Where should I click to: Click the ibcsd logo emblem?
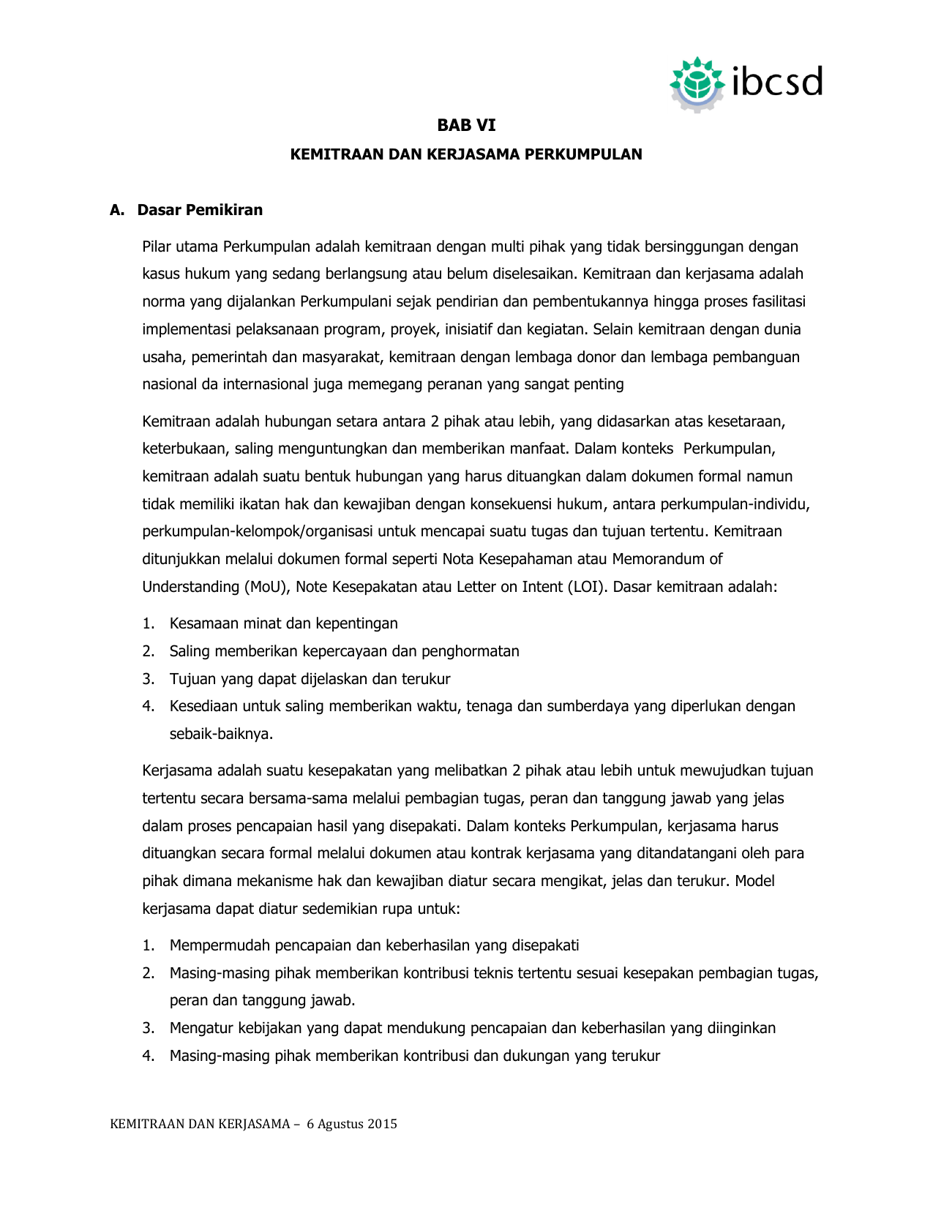[697, 83]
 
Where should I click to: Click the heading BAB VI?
[466, 125]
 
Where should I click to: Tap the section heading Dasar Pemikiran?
[200, 210]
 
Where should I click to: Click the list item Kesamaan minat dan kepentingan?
[283, 623]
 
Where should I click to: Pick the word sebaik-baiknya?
[221, 734]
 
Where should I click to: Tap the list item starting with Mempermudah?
[374, 945]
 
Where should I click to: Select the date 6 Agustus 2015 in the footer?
[352, 1124]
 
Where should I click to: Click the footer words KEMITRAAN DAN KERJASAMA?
[200, 1124]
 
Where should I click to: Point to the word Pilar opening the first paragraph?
[157, 247]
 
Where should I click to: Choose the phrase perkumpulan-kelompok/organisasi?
[258, 531]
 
